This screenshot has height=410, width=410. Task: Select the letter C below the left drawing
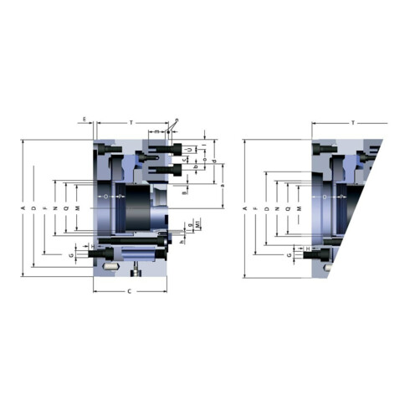click(128, 290)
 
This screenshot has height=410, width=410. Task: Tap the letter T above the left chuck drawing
click(131, 123)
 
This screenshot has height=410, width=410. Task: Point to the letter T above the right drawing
click(352, 123)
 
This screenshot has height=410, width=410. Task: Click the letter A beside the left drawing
click(23, 208)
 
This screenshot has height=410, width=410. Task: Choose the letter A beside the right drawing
click(243, 208)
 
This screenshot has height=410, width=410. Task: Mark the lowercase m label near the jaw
click(156, 132)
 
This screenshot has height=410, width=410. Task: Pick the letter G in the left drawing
click(72, 254)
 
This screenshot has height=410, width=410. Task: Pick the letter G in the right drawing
click(289, 253)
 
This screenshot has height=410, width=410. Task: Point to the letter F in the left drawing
click(44, 208)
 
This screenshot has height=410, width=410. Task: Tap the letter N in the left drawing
click(55, 208)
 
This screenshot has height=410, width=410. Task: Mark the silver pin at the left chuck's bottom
click(109, 266)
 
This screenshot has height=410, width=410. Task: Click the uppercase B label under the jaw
click(186, 192)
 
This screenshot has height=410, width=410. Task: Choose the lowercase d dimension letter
click(214, 161)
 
